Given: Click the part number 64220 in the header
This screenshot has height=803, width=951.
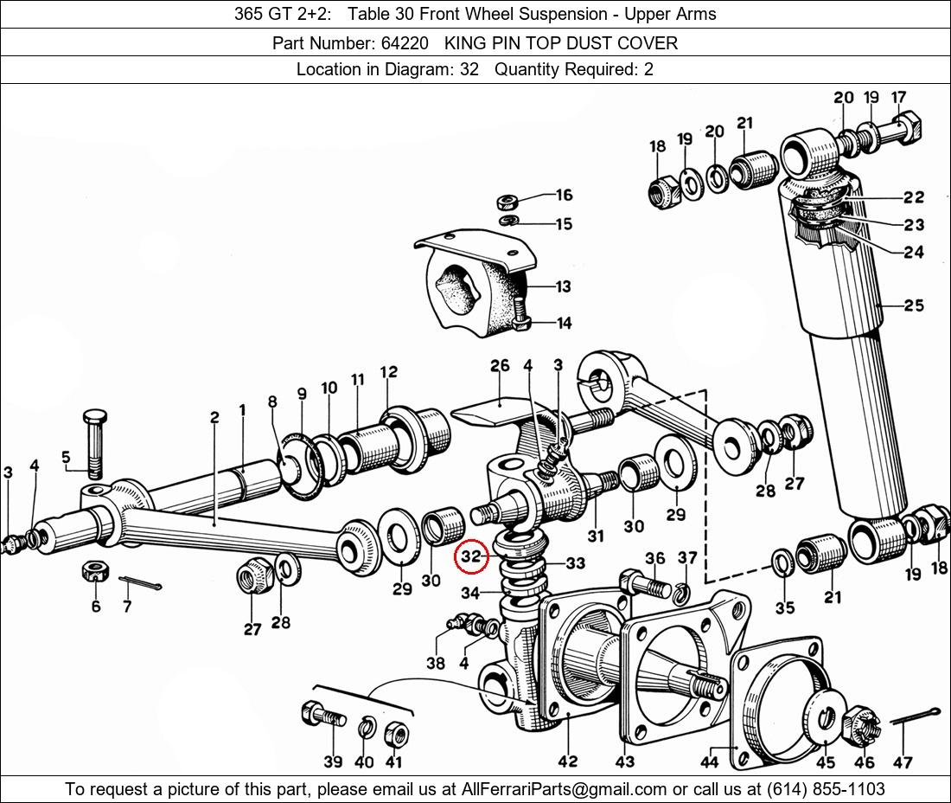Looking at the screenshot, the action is [x=405, y=43].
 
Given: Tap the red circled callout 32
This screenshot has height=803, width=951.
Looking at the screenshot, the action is [x=471, y=556].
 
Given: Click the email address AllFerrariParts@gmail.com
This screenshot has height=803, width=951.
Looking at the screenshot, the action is [x=565, y=789].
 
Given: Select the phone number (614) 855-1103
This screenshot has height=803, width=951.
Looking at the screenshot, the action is [x=826, y=789].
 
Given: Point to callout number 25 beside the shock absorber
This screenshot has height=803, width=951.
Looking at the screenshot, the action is [x=914, y=305].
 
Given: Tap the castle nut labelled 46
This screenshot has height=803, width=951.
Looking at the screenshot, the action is [x=859, y=727].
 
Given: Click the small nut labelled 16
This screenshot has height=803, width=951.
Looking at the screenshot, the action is [x=506, y=201].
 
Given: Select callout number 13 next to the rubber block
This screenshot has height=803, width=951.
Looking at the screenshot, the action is [x=563, y=286].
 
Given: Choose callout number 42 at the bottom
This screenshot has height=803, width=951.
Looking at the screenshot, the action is [x=568, y=761].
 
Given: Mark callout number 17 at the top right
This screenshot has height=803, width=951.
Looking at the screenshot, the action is [x=898, y=97].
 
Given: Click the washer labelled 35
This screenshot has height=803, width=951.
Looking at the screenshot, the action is [x=783, y=562].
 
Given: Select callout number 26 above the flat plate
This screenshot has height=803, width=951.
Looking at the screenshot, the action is [x=500, y=366].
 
